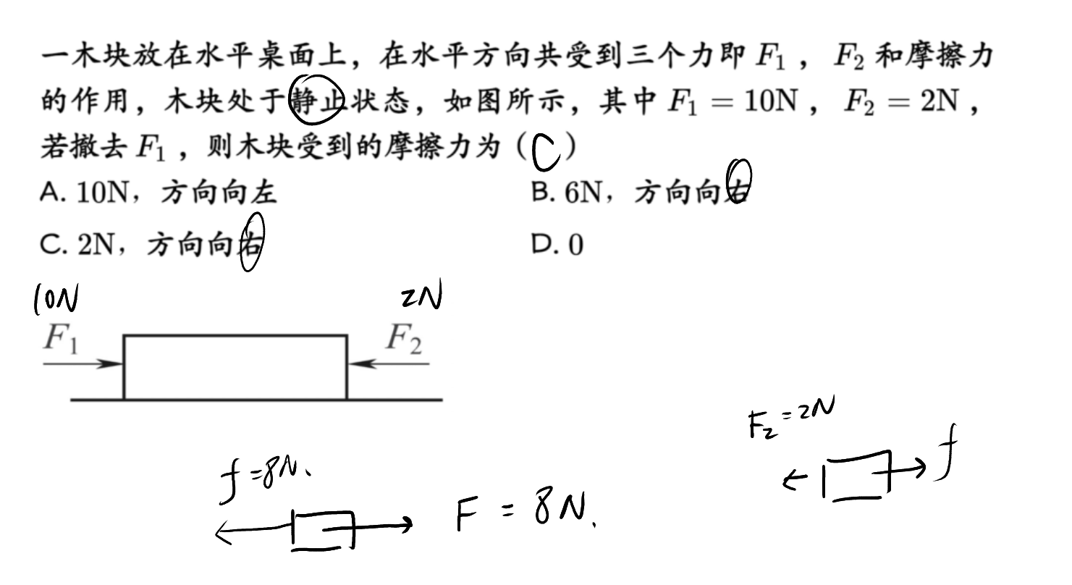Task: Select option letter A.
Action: coord(51,193)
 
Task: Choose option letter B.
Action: coord(541,193)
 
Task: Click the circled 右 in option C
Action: coord(252,243)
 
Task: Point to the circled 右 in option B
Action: coord(738,182)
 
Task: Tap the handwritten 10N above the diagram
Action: coord(56,299)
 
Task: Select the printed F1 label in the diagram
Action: coord(61,338)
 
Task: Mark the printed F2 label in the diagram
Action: coord(404,338)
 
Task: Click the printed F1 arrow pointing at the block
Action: coord(83,364)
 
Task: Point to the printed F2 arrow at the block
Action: coord(388,364)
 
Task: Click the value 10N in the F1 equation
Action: coord(771,101)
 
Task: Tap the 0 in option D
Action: coord(575,245)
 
